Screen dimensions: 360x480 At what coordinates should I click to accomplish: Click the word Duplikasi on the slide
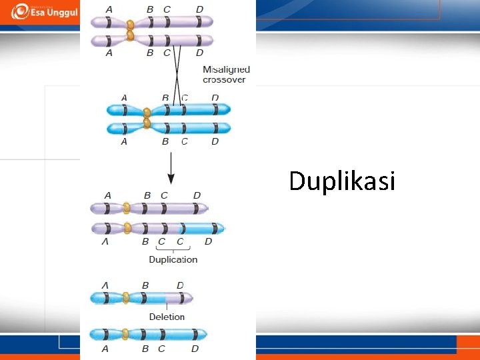click(342, 181)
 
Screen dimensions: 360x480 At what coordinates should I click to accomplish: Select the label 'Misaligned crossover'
click(226, 74)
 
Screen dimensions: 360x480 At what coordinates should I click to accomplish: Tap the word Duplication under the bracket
click(173, 259)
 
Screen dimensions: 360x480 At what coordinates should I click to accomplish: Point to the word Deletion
click(167, 317)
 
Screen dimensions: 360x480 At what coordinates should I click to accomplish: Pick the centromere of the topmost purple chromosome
click(131, 23)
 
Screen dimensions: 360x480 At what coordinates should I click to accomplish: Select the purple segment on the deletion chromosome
click(178, 297)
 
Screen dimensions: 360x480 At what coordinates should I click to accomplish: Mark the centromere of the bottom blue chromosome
click(125, 334)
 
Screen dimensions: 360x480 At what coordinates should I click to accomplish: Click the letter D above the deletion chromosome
click(180, 285)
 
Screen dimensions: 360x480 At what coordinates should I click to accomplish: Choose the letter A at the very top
click(109, 9)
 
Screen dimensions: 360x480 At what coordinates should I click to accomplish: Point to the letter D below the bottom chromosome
click(195, 348)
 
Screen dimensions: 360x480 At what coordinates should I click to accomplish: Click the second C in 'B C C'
click(180, 241)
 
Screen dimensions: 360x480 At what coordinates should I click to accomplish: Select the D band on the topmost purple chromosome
click(199, 23)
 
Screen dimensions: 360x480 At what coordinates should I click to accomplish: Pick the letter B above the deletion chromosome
click(145, 285)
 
